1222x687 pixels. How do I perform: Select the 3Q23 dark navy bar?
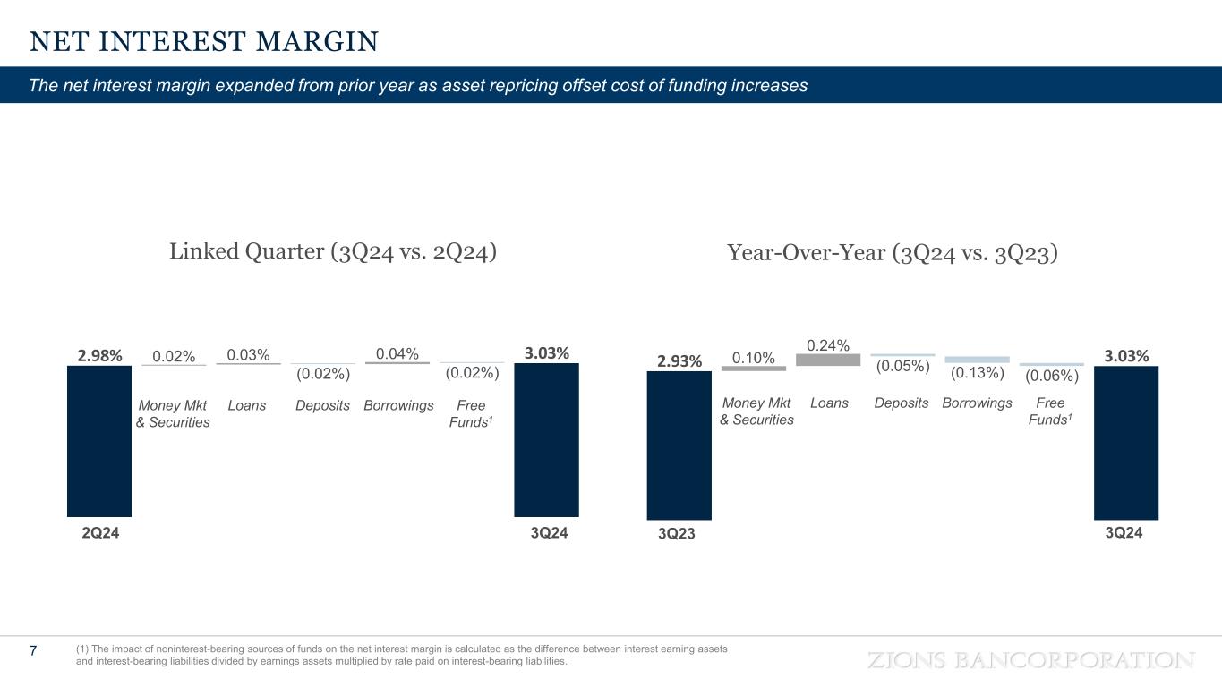(x=679, y=445)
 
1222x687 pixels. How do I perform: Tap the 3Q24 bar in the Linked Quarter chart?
(x=546, y=439)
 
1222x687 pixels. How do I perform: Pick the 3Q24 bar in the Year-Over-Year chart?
(x=1126, y=442)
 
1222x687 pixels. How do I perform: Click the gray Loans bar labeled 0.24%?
(x=828, y=360)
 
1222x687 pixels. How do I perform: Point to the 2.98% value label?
(x=99, y=355)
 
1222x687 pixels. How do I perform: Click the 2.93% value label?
(x=679, y=361)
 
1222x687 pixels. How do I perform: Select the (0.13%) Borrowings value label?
(x=977, y=372)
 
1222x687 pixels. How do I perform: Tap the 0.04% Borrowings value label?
(x=397, y=353)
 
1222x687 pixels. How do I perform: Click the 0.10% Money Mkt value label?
(x=754, y=358)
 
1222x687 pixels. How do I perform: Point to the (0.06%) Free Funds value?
(x=1052, y=376)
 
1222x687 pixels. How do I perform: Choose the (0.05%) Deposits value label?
(x=902, y=366)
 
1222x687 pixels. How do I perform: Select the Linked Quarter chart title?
(x=333, y=252)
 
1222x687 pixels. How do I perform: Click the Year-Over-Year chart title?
(x=893, y=254)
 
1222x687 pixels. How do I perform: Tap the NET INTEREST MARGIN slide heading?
(x=204, y=41)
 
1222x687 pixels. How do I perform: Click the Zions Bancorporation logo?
(x=1032, y=660)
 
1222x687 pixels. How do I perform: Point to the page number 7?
(x=33, y=650)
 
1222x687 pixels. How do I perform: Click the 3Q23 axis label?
(x=679, y=534)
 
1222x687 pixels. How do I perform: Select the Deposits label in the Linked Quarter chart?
(x=322, y=405)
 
